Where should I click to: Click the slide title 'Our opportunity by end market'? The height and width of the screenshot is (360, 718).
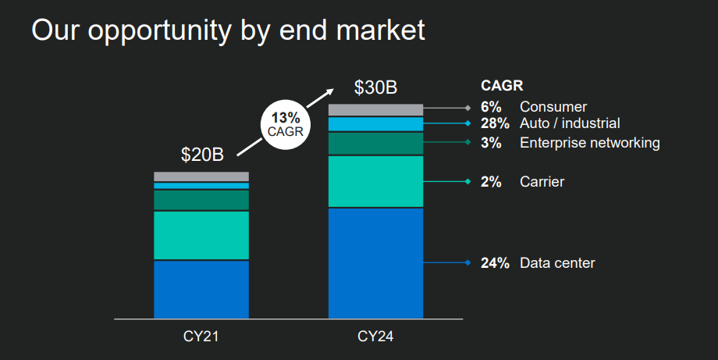228,30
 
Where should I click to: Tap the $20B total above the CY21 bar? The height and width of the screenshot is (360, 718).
202,155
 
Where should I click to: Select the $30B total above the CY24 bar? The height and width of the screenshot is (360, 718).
375,87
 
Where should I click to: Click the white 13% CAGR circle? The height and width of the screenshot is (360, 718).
284,124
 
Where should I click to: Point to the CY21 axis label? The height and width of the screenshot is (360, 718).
201,337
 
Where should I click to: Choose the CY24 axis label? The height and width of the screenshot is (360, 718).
375,337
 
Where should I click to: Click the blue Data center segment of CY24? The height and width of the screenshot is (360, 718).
375,262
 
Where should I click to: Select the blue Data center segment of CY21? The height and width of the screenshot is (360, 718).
201,289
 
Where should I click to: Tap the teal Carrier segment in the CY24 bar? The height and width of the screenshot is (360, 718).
375,181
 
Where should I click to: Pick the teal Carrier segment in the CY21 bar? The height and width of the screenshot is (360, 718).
201,234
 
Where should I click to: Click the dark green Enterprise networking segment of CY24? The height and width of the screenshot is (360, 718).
375,144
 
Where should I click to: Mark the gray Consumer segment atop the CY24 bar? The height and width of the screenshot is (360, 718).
375,109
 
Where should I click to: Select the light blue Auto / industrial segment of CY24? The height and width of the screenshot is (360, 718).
375,123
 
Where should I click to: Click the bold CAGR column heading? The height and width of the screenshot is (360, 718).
501,86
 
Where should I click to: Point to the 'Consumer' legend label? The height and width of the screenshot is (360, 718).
553,107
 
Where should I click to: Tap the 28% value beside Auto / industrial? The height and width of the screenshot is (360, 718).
495,123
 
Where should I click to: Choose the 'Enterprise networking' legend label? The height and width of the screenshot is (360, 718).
590,143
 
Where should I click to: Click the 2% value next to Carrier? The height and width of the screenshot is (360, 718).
491,182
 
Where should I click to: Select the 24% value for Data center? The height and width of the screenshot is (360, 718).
495,263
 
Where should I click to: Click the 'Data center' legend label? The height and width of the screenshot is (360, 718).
557,263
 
